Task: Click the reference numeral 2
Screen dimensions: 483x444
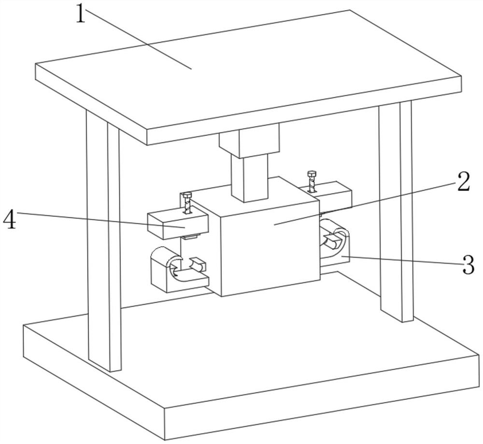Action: [463, 183]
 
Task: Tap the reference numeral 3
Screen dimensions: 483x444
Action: [468, 266]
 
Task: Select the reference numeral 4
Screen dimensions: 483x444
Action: [10, 220]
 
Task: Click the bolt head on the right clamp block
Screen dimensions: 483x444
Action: [311, 174]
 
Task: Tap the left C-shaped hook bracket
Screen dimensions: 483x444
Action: [169, 273]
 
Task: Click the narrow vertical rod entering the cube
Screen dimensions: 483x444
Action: [249, 177]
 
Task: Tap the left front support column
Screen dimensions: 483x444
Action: [103, 242]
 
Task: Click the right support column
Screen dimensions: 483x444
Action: [396, 213]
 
